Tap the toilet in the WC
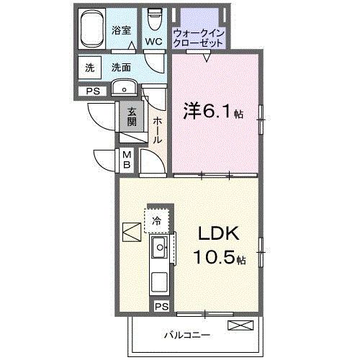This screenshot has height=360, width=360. pyautogui.click(x=153, y=19)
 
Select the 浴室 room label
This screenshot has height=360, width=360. pyautogui.click(x=122, y=30)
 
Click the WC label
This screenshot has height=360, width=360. pyautogui.click(x=153, y=42)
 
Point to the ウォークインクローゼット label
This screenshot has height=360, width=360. pyautogui.click(x=199, y=37)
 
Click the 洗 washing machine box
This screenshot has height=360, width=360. pyautogui.click(x=90, y=68)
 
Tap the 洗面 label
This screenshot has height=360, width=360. pyautogui.click(x=120, y=68)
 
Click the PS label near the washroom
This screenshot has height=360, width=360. pyautogui.click(x=92, y=91)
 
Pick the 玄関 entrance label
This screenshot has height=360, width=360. pyautogui.click(x=132, y=116)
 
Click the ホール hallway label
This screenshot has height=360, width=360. pyautogui.click(x=157, y=130)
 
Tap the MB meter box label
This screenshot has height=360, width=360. pyautogui.click(x=126, y=159)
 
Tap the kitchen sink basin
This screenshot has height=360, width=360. pyautogui.click(x=158, y=251)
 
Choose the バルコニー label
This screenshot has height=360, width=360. pyautogui.click(x=186, y=334)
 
